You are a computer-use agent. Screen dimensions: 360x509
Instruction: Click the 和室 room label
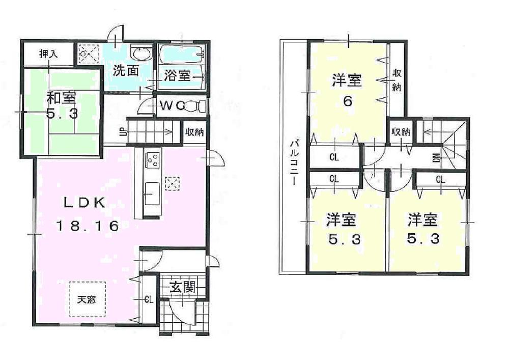tap(63, 97)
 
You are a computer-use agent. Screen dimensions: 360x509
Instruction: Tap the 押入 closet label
tap(49, 53)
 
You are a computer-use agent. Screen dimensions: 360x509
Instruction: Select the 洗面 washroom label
tap(125, 71)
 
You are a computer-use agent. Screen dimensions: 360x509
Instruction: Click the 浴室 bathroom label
tap(177, 76)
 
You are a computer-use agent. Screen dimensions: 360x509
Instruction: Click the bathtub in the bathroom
tap(181, 53)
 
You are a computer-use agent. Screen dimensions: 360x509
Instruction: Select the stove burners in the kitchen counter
tap(152, 160)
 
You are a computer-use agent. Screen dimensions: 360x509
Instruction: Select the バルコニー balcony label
tap(294, 163)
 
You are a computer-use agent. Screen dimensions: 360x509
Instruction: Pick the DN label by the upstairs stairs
tap(436, 158)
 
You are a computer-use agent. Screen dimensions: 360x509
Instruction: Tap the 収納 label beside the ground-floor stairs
tap(194, 132)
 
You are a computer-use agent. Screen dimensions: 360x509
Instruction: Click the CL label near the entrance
tap(148, 299)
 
